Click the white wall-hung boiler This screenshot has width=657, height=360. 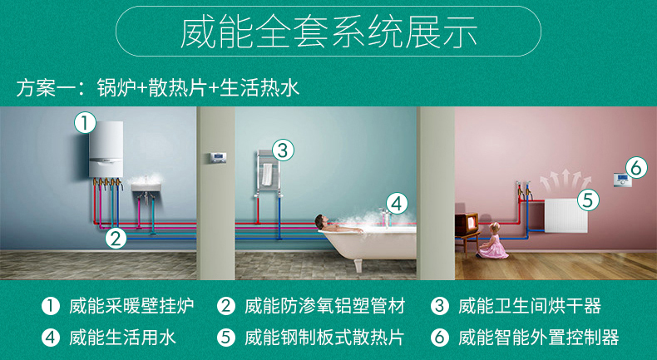(106, 149)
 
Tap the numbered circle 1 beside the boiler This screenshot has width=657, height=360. (85, 123)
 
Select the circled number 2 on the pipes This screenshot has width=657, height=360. (116, 238)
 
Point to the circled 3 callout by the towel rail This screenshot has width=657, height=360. (284, 150)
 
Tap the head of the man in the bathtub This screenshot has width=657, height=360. (320, 219)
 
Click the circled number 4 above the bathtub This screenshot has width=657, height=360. (397, 204)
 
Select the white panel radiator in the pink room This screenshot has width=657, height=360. (566, 215)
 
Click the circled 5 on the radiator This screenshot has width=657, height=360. (588, 200)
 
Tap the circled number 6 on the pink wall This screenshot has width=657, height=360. (636, 168)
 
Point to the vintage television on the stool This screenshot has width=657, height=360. (467, 224)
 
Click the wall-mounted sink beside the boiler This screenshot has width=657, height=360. (146, 187)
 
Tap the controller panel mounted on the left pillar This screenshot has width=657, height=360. (218, 158)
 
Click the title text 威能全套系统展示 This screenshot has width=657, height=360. (328, 32)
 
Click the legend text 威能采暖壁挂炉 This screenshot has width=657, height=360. (131, 306)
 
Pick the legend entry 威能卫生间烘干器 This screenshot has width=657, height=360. (530, 306)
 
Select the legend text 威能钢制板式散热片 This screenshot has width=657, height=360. (324, 338)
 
